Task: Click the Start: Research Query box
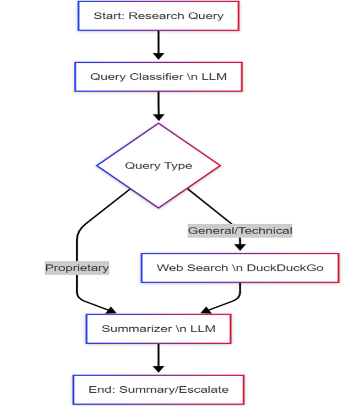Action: tap(159, 15)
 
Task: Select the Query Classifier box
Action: tap(159, 77)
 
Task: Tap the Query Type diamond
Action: tap(159, 165)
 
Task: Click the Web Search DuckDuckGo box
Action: tap(239, 268)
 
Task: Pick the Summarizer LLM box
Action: tap(159, 329)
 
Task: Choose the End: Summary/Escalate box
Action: tap(159, 389)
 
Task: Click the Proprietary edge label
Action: tap(77, 268)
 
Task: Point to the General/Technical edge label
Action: tap(240, 230)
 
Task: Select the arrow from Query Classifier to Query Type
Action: tap(159, 106)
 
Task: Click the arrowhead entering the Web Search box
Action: tap(240, 247)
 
